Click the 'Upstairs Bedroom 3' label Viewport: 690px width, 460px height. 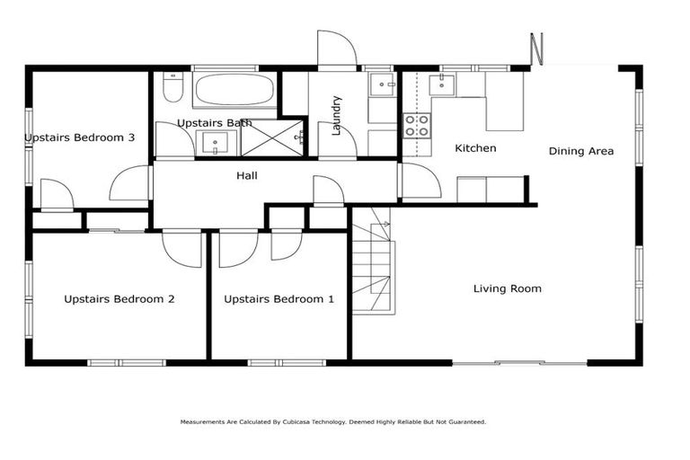click(x=80, y=137)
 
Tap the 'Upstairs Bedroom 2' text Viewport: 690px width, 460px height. click(x=119, y=299)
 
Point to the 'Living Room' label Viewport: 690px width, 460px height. click(x=508, y=288)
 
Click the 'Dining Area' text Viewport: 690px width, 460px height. click(x=581, y=151)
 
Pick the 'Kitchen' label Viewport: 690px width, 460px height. click(x=475, y=148)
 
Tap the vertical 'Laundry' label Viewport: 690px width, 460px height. click(x=337, y=115)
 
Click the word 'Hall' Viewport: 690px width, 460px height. click(x=247, y=175)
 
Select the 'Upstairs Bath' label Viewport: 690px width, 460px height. click(x=214, y=122)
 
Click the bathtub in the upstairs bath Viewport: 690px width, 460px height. click(x=235, y=91)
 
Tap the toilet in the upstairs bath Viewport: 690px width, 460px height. click(x=173, y=89)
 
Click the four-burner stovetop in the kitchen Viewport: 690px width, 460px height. click(x=416, y=125)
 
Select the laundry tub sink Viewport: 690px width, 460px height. click(x=384, y=85)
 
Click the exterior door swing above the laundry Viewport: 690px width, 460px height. click(x=336, y=49)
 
